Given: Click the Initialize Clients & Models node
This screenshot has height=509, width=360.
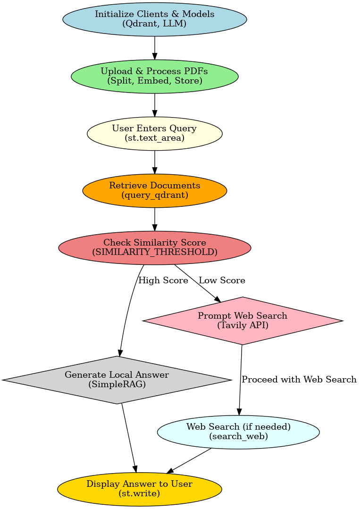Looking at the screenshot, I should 155,19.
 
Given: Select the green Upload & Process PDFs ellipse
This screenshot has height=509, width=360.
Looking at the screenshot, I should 155,76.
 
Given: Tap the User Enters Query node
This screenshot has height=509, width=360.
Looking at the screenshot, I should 155,134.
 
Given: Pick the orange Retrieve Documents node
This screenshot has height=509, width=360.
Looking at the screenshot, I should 155,190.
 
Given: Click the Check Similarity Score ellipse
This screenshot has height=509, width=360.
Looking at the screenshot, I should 155,247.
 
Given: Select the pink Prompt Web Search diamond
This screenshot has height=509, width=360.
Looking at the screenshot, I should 242,321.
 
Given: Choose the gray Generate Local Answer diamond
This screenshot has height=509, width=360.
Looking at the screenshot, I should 117,380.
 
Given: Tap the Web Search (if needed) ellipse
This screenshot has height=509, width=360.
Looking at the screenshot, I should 238,432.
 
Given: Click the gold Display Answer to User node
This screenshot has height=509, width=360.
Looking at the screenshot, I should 140,489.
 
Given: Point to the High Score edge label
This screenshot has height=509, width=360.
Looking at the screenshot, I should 163,280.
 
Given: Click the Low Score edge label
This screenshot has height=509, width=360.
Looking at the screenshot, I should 222,280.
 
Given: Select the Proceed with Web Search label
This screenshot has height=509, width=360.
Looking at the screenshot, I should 299,380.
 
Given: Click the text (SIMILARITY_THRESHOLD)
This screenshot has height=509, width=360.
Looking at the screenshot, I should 155,252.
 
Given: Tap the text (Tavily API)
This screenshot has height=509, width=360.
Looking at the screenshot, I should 242,325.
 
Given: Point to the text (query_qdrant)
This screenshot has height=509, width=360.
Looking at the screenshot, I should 155,195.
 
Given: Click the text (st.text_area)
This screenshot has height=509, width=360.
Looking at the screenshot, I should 155,138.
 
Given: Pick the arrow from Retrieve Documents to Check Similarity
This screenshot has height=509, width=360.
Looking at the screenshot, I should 155,219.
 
